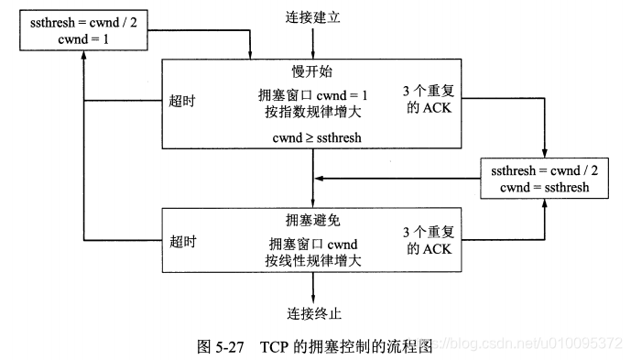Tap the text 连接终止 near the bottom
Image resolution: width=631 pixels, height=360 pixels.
[x=313, y=313]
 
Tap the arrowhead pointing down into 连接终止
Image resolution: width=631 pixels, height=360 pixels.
[x=313, y=299]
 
